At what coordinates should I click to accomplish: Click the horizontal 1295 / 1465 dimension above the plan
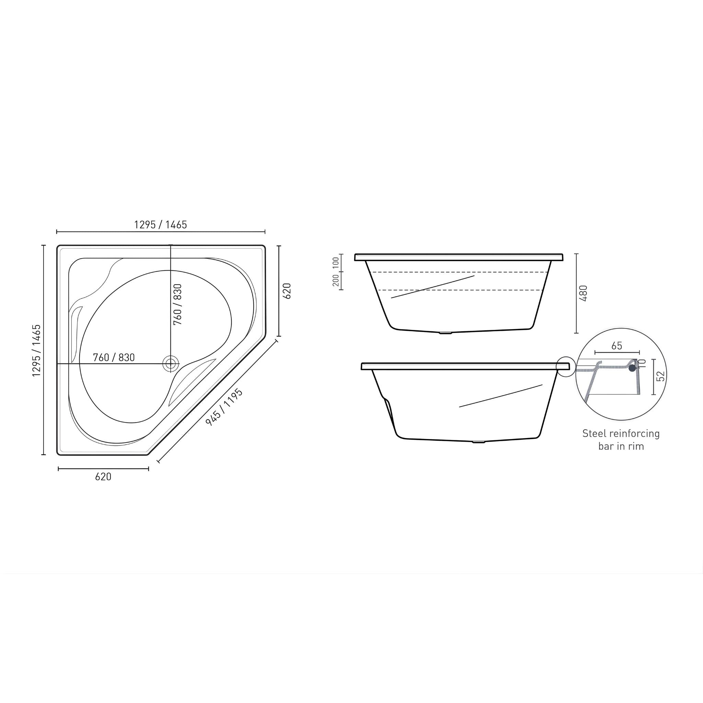point(160,225)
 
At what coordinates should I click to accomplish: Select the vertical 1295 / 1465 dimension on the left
point(36,350)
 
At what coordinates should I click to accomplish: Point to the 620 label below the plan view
point(103,477)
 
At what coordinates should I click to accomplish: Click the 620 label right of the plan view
point(287,291)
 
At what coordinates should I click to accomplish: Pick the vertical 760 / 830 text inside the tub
point(177,304)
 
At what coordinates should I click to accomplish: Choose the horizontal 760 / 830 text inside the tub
point(114,358)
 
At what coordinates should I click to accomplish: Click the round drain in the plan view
point(170,364)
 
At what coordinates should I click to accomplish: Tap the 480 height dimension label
point(583,293)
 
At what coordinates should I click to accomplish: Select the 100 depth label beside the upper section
point(335,263)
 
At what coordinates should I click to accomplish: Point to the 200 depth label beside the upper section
point(335,280)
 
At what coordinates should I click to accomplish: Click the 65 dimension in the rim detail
point(617,346)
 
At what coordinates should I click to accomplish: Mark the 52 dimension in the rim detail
point(662,376)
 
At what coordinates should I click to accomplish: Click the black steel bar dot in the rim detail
point(632,368)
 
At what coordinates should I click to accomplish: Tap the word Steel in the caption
point(593,434)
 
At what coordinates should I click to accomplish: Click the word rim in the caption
point(635,447)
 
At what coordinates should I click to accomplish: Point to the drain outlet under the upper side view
point(445,333)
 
